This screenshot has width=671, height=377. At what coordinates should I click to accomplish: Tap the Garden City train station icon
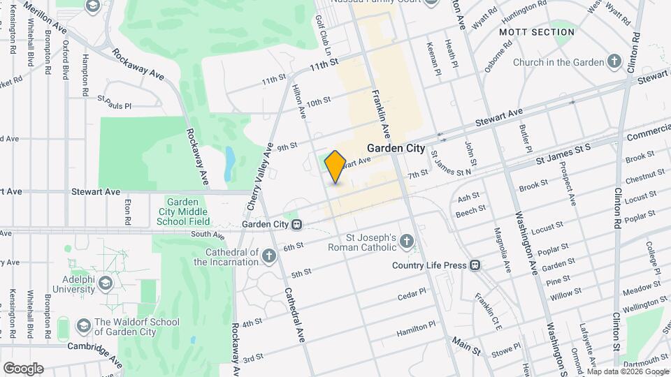297,225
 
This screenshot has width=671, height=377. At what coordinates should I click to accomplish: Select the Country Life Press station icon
475,265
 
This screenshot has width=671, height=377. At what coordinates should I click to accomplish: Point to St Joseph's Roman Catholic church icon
407,242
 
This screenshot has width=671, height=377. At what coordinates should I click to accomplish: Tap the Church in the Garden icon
614,62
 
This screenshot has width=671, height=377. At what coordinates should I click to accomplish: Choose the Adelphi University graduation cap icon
106,283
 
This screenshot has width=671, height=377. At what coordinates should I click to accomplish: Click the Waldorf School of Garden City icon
83,327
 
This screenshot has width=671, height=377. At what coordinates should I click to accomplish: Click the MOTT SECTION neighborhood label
537,32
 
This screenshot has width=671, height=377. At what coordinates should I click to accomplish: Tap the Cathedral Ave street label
294,314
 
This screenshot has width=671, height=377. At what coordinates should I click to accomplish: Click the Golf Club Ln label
323,35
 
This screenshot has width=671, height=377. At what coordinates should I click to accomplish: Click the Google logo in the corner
23,368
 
